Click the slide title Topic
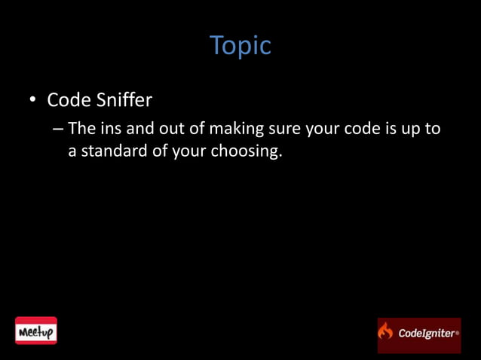pos(240,46)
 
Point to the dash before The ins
pos(59,129)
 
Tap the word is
pos(390,128)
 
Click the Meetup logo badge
pos(36,331)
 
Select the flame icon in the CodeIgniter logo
pos(386,331)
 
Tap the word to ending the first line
pos(433,128)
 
